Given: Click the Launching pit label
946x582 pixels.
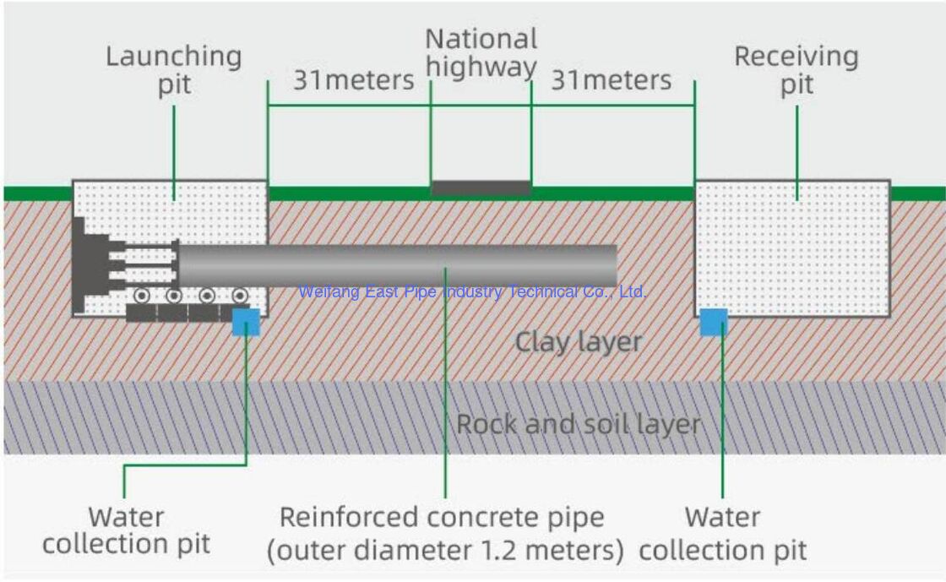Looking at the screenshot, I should point(173,70).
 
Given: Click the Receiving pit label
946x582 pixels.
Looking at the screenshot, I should point(796,70).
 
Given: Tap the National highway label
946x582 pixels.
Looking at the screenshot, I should point(481,52).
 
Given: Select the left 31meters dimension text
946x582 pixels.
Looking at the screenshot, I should point(354,80).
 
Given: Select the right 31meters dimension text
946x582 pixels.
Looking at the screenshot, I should point(612,80).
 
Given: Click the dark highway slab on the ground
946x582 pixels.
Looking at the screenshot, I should point(481,188).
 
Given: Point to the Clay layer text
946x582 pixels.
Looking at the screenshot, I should point(579,342).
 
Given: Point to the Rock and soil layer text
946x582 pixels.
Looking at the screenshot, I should point(579,423).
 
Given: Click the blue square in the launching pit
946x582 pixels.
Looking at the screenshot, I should point(246,322).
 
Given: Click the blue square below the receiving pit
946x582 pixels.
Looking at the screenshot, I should point(714,322).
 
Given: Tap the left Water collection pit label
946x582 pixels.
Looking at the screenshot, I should point(127,530).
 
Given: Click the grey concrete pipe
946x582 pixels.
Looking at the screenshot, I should point(397,264).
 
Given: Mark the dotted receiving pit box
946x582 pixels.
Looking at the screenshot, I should point(791,249).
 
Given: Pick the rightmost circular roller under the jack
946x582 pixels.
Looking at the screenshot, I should point(240,296).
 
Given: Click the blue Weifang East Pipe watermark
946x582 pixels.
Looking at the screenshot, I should point(473,292).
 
